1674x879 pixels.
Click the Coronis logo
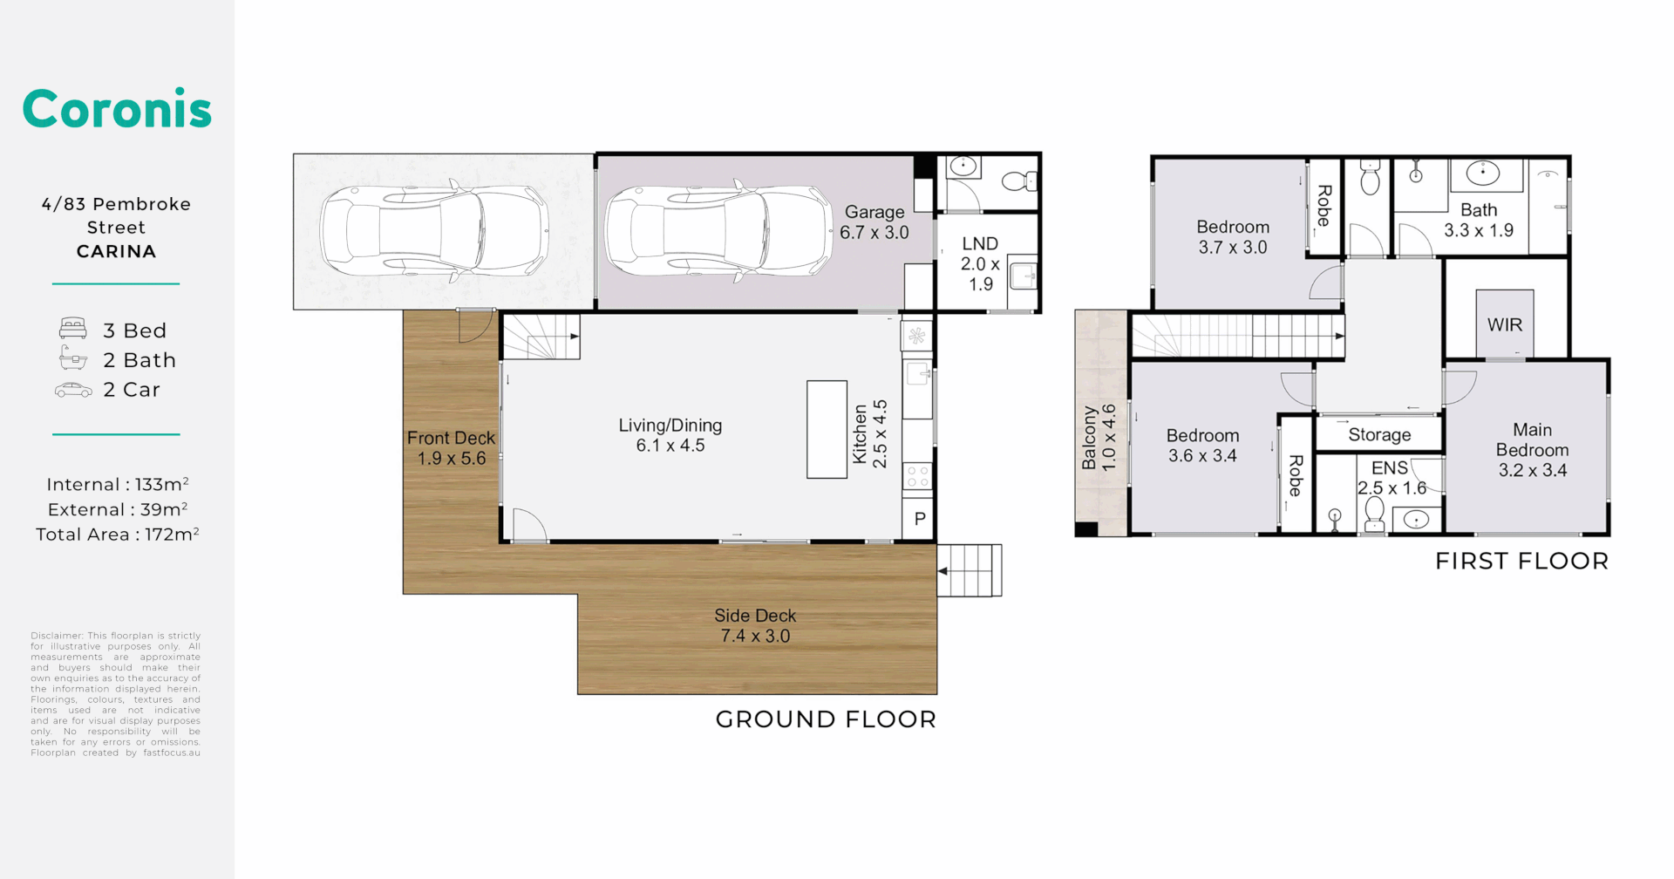tap(117, 109)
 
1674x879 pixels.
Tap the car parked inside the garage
tap(718, 232)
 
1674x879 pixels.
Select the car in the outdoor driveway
tap(433, 232)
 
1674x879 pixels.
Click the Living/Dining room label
tap(670, 435)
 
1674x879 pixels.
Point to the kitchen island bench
tap(827, 429)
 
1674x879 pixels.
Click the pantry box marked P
tap(919, 520)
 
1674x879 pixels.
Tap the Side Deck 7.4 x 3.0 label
tap(755, 625)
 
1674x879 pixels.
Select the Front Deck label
tap(451, 447)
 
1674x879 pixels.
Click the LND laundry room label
tap(980, 263)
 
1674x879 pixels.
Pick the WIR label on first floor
tap(1504, 325)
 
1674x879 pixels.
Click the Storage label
tap(1379, 434)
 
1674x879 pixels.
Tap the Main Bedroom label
tap(1532, 450)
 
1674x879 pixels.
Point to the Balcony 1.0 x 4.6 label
tap(1098, 438)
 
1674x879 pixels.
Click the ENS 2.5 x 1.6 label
tap(1391, 478)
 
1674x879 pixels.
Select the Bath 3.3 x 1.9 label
tap(1479, 220)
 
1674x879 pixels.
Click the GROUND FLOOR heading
tap(826, 719)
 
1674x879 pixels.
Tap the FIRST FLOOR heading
tap(1521, 561)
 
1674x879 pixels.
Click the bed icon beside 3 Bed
tap(73, 329)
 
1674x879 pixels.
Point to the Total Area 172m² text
tap(117, 535)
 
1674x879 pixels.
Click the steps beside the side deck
tap(970, 570)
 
